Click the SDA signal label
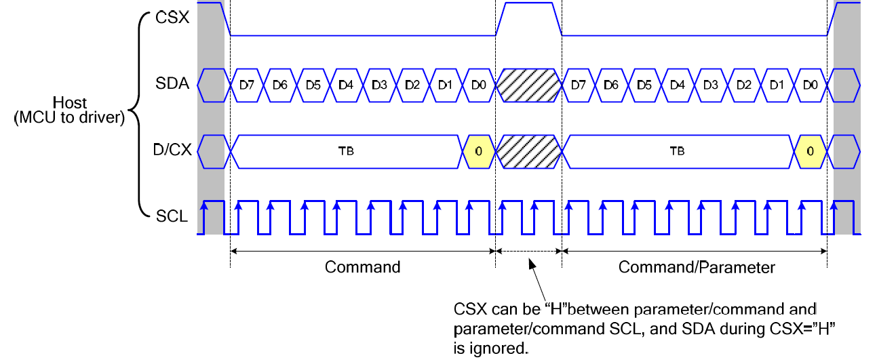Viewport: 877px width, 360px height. pyautogui.click(x=172, y=85)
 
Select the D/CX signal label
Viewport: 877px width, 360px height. pyautogui.click(x=170, y=151)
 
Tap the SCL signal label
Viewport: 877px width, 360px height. pyautogui.click(x=172, y=217)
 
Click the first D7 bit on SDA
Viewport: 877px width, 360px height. pyautogui.click(x=247, y=85)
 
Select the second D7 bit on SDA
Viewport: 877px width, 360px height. pyautogui.click(x=579, y=85)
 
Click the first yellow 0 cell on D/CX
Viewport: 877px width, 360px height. pyautogui.click(x=479, y=151)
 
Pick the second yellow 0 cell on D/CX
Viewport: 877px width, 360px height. pyautogui.click(x=810, y=151)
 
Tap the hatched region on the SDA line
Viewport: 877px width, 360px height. pyautogui.click(x=529, y=85)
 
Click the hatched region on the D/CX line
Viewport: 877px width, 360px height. pyautogui.click(x=529, y=151)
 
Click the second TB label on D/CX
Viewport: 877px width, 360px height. pyautogui.click(x=678, y=151)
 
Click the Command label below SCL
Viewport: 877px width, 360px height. pyautogui.click(x=363, y=267)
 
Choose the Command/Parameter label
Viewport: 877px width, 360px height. pyautogui.click(x=696, y=267)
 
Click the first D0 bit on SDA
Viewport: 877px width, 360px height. pyautogui.click(x=479, y=85)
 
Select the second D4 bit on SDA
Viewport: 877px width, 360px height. pyautogui.click(x=678, y=85)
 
